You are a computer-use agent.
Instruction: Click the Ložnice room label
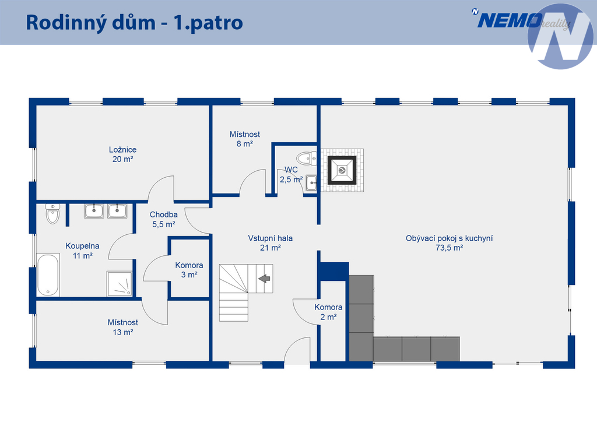[x=122, y=154]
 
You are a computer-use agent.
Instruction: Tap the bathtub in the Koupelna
[x=48, y=274]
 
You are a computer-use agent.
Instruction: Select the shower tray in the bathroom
[x=120, y=283]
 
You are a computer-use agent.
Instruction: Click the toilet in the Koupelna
[x=52, y=214]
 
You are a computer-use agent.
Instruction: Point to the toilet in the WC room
[x=307, y=158]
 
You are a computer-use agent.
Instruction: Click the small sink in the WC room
[x=311, y=183]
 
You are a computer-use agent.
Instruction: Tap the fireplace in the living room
[x=342, y=170]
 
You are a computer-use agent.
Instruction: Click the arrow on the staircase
[x=264, y=279]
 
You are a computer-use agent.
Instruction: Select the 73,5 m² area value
[x=449, y=248]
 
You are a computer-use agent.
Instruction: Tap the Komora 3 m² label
[x=189, y=270]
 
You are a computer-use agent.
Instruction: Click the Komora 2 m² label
[x=328, y=312]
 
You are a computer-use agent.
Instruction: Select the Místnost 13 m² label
[x=122, y=327]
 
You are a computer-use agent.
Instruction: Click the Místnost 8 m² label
[x=245, y=139]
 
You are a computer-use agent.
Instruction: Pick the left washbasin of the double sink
[x=94, y=211]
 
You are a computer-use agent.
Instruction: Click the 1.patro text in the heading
[x=208, y=23]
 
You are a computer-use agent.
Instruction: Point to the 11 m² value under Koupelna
[x=83, y=256]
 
